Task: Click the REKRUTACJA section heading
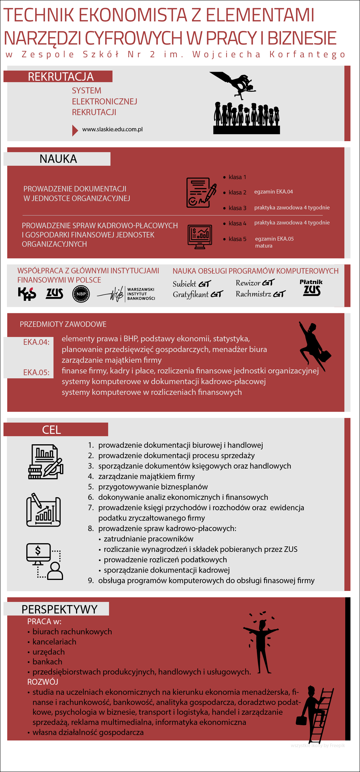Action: pos(60,77)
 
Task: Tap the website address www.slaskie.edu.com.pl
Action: pos(112,130)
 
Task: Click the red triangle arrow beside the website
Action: pos(75,130)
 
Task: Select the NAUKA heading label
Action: pos(58,159)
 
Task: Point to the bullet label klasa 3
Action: pos(237,208)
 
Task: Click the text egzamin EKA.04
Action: pos(274,192)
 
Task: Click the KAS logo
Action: pos(27,294)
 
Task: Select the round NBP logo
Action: pos(81,294)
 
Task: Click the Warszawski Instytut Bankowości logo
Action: pos(126,294)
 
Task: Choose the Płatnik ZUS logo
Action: pos(311,288)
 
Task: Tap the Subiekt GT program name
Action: pos(192,284)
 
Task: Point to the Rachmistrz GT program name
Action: pos(260,294)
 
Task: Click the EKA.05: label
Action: pos(36,373)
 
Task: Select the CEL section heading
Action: pos(51,430)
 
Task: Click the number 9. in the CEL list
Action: pos(91,581)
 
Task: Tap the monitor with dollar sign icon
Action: pos(38,552)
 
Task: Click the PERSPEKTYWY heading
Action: pos(59,609)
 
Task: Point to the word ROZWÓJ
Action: pos(43,682)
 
